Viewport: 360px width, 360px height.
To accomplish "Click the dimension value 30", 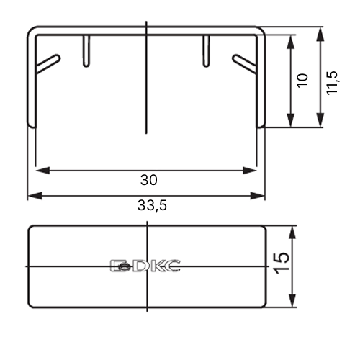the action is click(x=149, y=180).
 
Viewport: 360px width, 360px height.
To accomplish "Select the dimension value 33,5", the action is click(x=152, y=205).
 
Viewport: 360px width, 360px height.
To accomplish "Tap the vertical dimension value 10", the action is click(x=302, y=81).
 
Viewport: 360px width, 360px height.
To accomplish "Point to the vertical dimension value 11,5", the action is click(x=333, y=83).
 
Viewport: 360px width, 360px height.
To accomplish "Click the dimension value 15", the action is click(x=282, y=264).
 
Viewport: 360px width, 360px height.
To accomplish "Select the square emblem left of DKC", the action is click(x=120, y=266).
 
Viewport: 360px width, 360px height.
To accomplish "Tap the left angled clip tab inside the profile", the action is click(x=48, y=63).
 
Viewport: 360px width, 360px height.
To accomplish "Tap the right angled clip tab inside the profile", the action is click(x=244, y=63).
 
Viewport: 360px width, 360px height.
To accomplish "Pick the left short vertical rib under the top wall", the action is click(x=86, y=51).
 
